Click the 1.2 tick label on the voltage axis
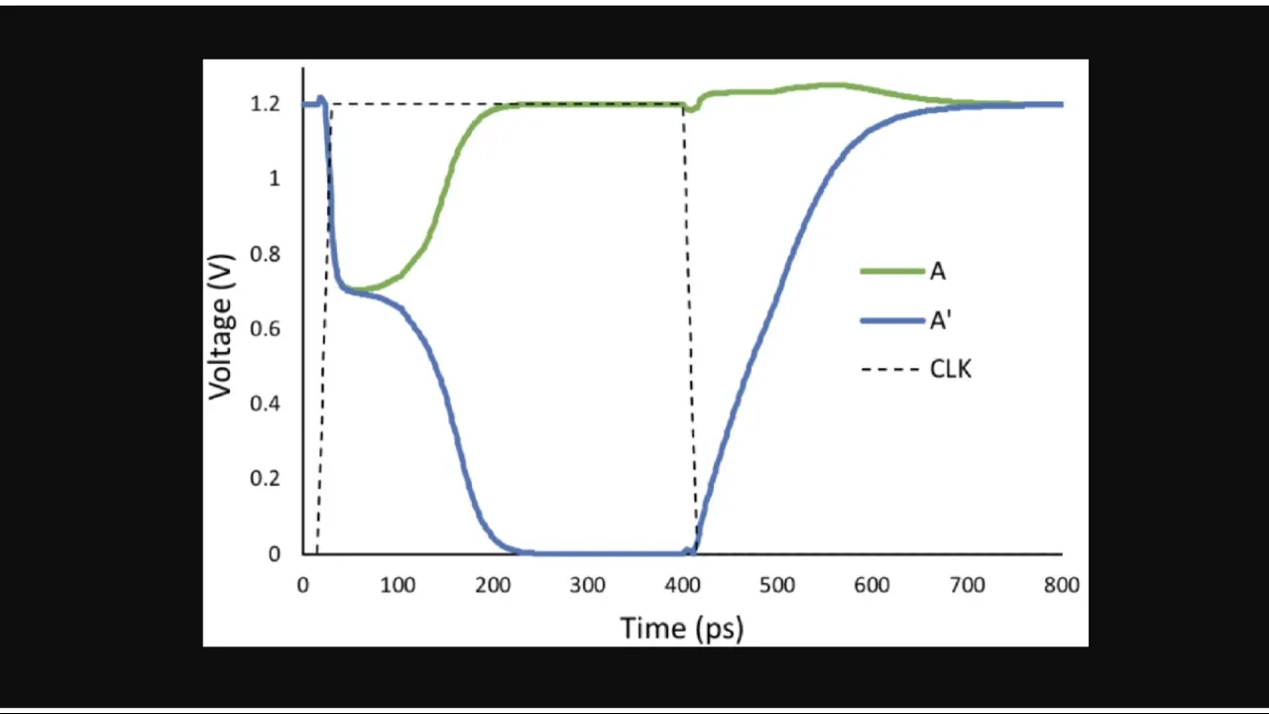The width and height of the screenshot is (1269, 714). click(x=267, y=104)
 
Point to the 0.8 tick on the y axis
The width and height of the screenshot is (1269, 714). click(x=267, y=254)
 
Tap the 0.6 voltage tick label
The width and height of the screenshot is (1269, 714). click(x=267, y=328)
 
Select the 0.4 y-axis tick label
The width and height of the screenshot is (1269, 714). click(x=267, y=404)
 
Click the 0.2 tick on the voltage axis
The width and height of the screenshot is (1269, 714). click(x=267, y=478)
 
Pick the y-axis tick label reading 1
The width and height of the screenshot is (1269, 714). click(x=275, y=178)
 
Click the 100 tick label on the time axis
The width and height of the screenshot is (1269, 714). click(x=398, y=585)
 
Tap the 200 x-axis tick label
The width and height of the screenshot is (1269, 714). click(x=493, y=585)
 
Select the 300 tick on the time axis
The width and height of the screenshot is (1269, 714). click(x=587, y=585)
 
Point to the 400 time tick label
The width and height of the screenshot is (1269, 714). click(x=682, y=585)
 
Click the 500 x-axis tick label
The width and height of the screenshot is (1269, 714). click(x=777, y=585)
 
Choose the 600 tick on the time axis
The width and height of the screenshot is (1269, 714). click(x=871, y=585)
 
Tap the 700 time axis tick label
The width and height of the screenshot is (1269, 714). click(x=967, y=585)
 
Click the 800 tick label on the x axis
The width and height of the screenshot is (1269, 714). click(x=1061, y=585)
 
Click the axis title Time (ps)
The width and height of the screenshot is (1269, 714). click(x=682, y=628)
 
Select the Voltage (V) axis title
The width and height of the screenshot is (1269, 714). click(x=221, y=328)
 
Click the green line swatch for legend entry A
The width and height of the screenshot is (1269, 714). click(x=891, y=271)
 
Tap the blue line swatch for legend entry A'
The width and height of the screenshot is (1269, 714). click(x=891, y=320)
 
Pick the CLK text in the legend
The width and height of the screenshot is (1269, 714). click(x=951, y=370)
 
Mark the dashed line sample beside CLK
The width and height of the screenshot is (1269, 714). click(x=891, y=370)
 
